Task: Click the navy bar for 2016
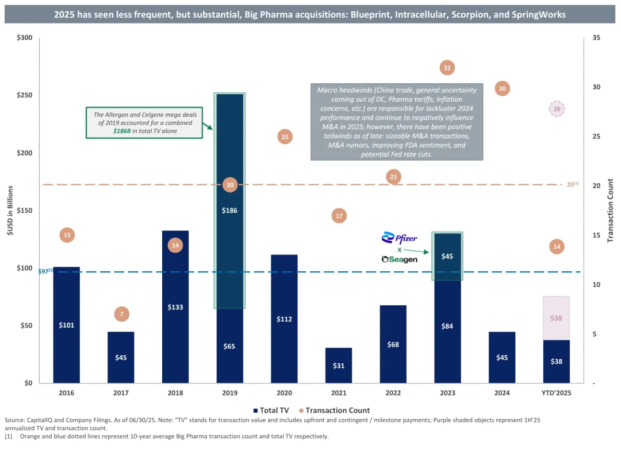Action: click(67, 325)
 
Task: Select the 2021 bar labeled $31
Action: click(339, 366)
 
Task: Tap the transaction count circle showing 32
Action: click(447, 68)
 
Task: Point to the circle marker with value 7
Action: click(121, 314)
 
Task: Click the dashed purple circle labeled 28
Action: click(557, 109)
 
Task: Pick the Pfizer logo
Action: click(400, 239)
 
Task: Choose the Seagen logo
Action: click(400, 260)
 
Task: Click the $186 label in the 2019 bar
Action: click(230, 210)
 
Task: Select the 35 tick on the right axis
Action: click(596, 38)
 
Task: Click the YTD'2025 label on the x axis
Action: click(557, 394)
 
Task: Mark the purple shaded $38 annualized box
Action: click(557, 318)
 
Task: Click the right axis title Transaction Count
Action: click(611, 210)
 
